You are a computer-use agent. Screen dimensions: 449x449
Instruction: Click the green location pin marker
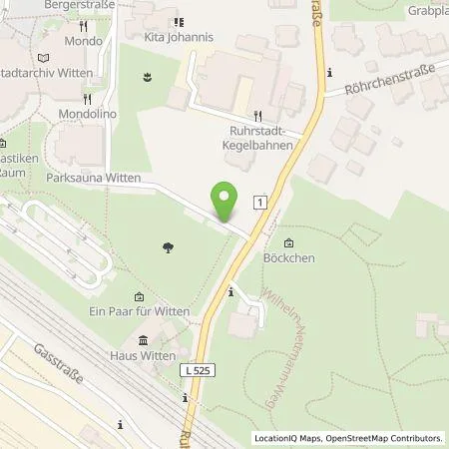[226, 203]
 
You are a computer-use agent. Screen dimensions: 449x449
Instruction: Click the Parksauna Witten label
[94, 178]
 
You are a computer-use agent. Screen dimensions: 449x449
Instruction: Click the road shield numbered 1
[260, 202]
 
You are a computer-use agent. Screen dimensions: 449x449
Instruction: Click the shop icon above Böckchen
[289, 244]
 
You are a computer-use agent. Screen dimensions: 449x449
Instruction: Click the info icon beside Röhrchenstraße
[329, 71]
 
